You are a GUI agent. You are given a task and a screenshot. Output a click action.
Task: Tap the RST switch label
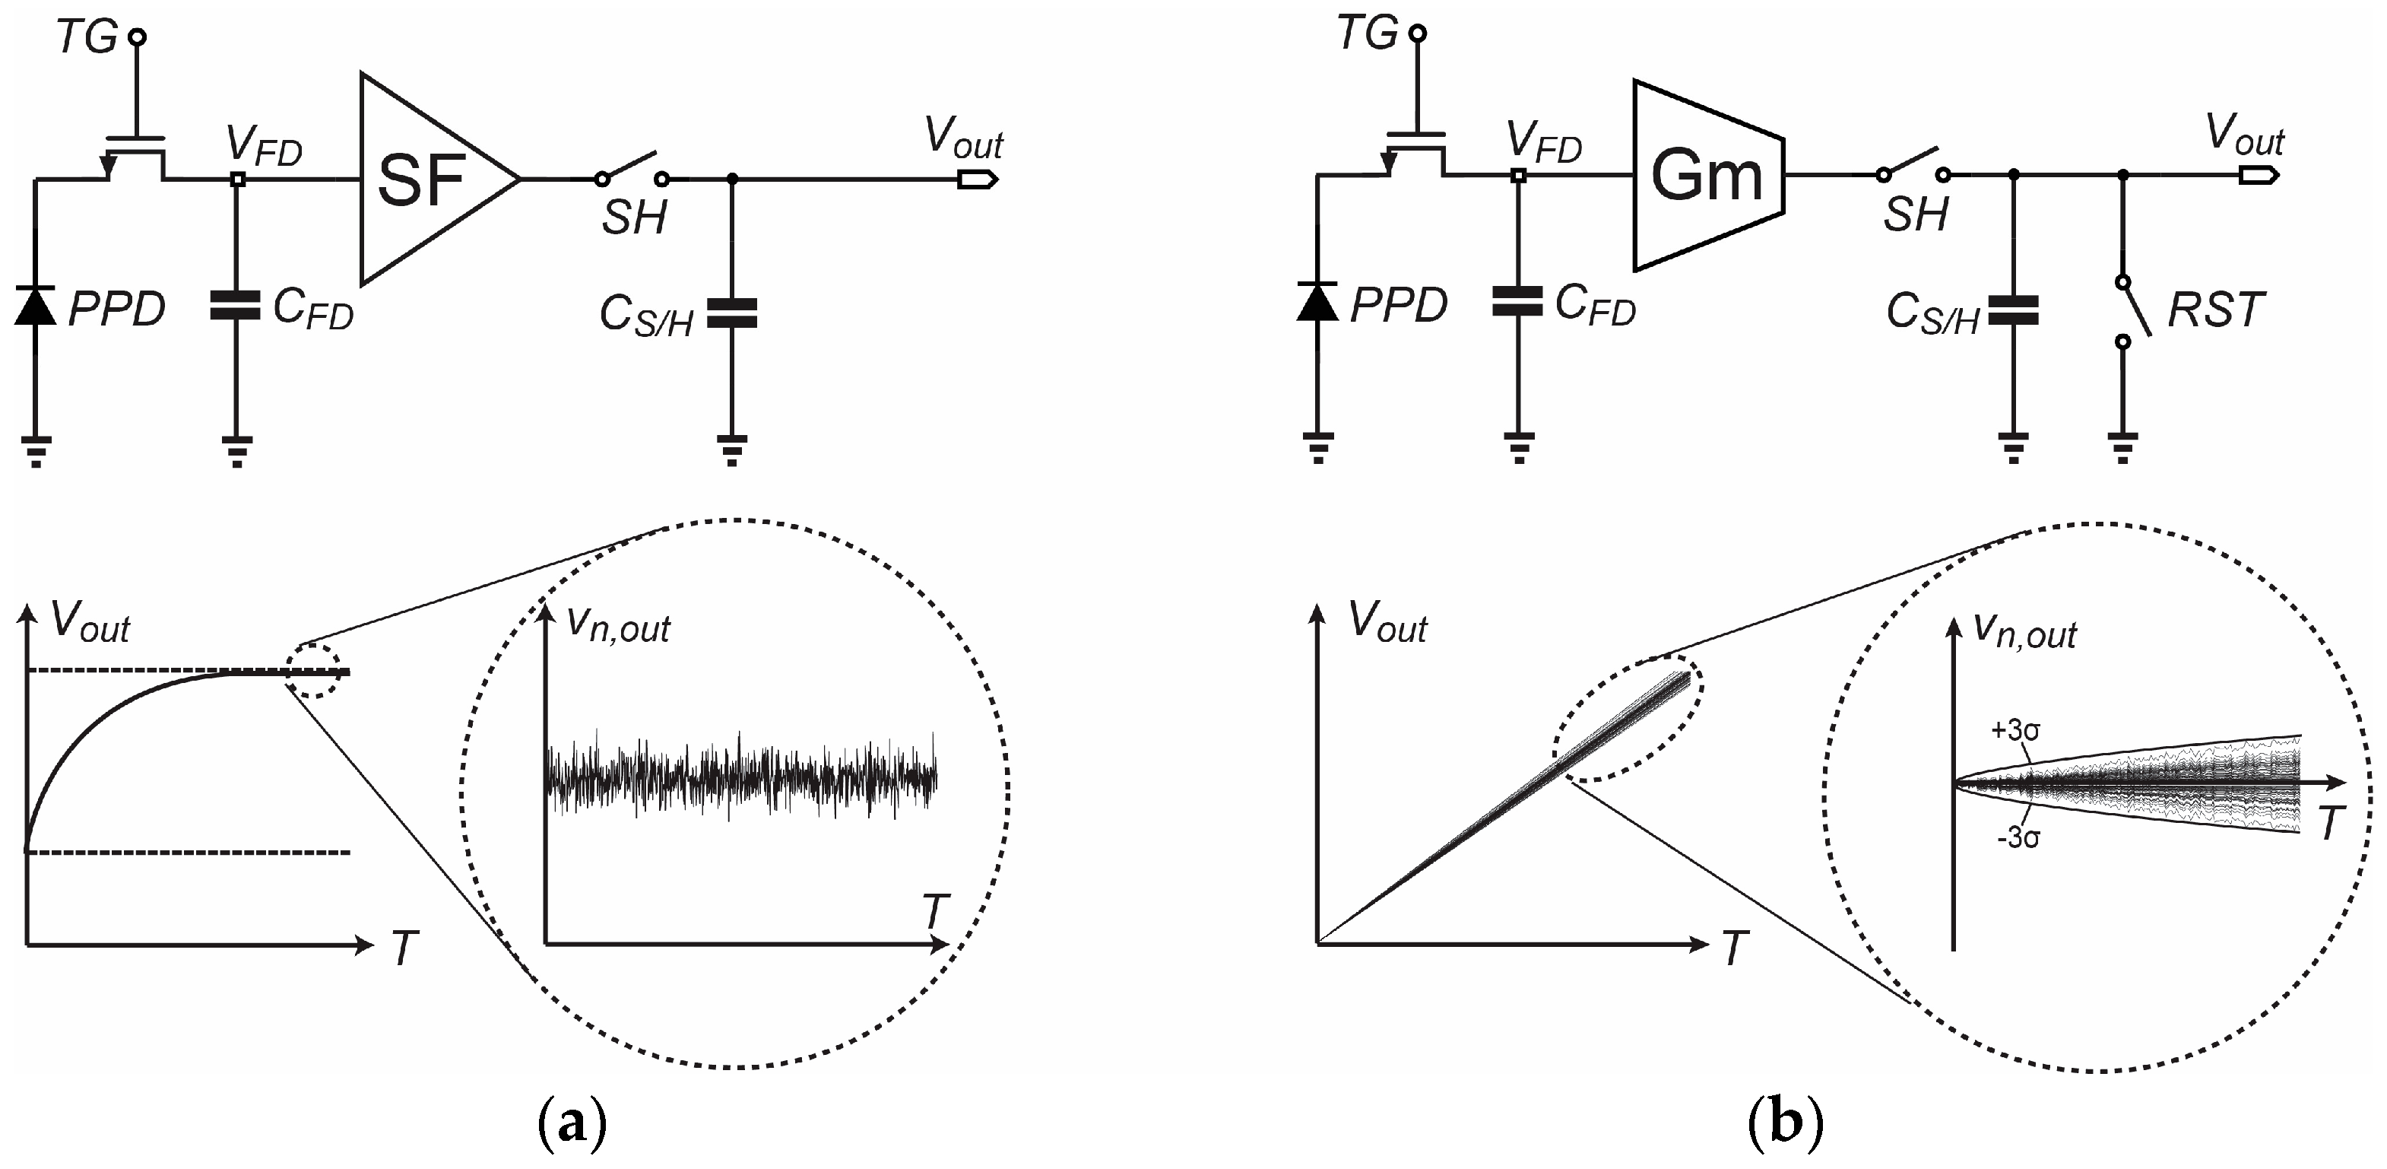pos(2214,310)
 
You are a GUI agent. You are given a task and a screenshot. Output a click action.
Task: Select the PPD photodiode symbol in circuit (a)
pos(35,307)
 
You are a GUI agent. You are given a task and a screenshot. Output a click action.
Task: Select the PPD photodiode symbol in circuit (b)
pos(1317,302)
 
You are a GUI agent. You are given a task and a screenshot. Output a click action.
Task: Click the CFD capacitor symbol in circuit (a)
pos(236,307)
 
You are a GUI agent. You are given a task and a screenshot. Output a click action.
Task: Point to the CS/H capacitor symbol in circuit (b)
pos(2013,310)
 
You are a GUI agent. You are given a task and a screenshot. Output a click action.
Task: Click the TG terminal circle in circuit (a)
pos(136,37)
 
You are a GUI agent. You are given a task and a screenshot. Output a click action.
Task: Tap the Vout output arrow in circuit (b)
pos(2259,174)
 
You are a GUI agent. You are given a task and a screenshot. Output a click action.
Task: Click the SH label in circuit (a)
pos(634,218)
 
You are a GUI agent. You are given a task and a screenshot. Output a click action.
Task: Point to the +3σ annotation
pos(2015,730)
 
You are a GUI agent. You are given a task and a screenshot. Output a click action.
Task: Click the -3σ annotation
pos(2018,838)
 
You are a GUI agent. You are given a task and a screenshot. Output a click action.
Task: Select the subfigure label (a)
pos(572,1123)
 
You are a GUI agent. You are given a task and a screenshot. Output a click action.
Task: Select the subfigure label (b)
pos(1785,1123)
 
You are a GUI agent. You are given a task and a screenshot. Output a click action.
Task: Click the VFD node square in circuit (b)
pos(1518,174)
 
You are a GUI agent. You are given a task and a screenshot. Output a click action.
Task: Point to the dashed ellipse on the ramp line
pos(1628,721)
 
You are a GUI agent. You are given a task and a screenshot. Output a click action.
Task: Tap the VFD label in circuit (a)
pos(264,147)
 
